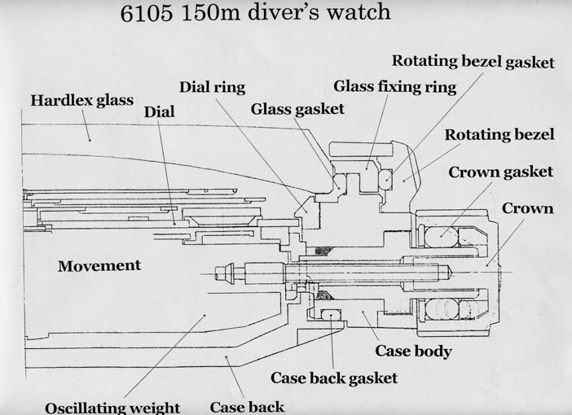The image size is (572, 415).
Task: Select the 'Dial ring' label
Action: (212, 85)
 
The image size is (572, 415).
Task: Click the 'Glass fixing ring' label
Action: (394, 85)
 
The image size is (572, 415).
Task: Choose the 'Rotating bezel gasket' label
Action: (473, 61)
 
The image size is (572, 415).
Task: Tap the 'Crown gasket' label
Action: (499, 172)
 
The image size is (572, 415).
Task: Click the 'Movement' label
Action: (99, 265)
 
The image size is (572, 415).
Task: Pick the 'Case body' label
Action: (413, 352)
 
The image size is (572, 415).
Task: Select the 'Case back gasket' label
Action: (334, 378)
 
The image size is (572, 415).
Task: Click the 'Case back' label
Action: (247, 406)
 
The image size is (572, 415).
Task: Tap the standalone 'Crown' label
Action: (527, 208)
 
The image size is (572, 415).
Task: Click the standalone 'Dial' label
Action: (159, 111)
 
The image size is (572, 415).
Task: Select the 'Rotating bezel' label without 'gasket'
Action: (499, 134)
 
